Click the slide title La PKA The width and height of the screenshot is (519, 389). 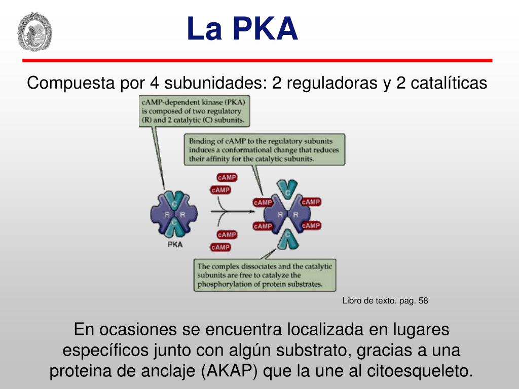coord(242,29)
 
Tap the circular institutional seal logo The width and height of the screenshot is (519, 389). coord(35,32)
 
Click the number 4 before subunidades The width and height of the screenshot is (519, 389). coord(154,83)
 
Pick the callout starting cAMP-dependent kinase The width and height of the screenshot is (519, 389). coord(194,111)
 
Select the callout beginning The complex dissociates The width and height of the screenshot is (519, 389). coord(265,275)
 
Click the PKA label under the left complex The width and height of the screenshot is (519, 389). coord(175,245)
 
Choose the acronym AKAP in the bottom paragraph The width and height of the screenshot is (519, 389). coord(231,371)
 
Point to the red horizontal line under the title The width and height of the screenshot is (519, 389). coord(257,60)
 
